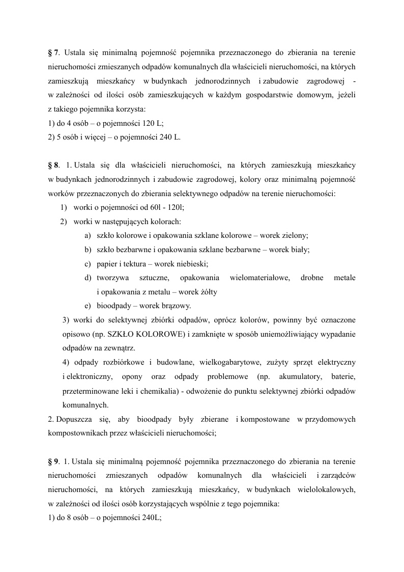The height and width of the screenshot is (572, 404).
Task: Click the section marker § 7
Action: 53,52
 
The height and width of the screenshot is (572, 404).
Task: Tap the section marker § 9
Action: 53,461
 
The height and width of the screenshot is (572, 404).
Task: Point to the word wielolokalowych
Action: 323,489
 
